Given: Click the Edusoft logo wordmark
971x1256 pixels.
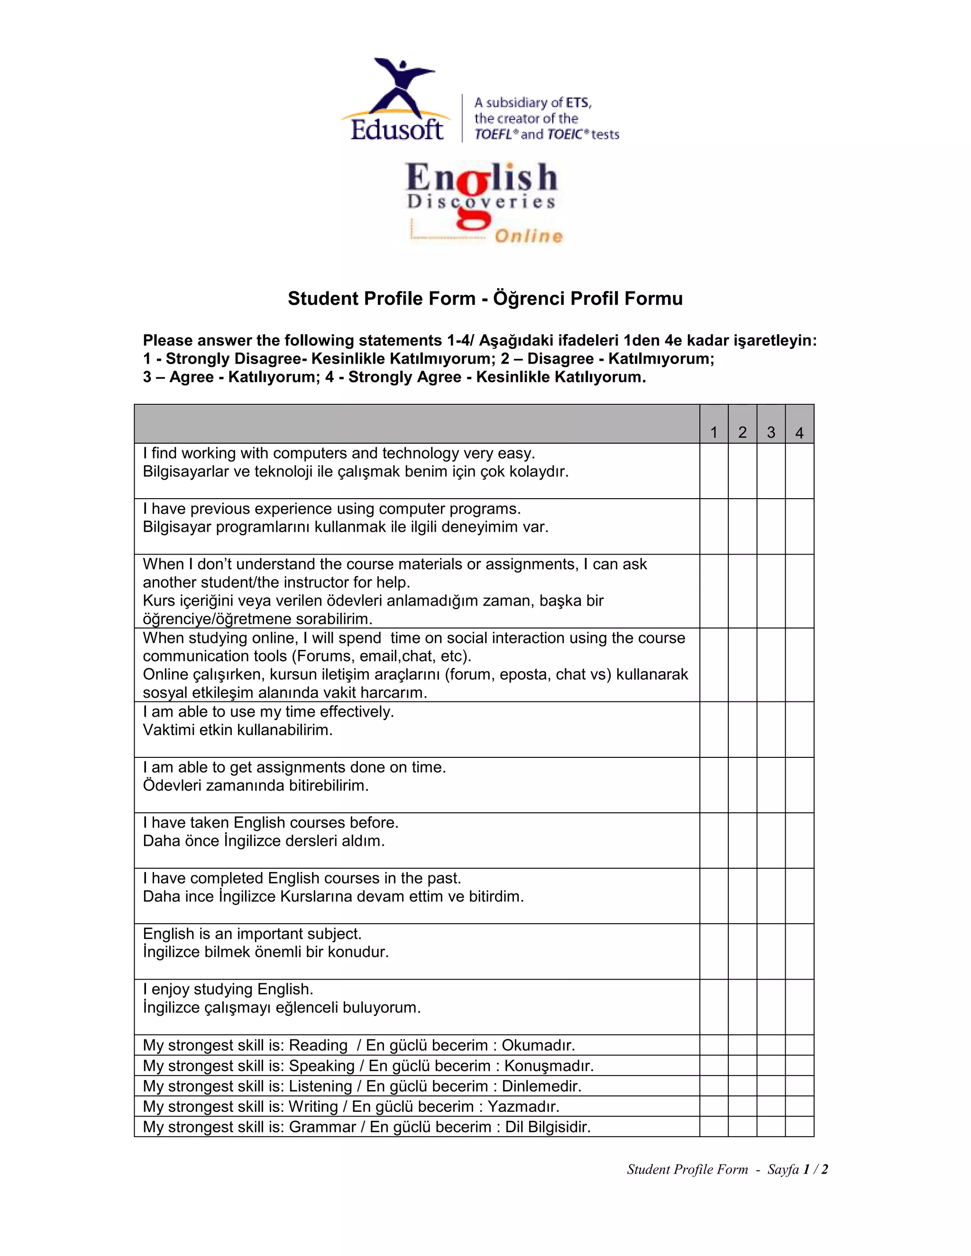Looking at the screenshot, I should tap(397, 129).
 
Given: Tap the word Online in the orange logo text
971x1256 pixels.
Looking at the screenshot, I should tap(528, 236).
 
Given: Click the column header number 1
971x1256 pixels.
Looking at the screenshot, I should tap(713, 432).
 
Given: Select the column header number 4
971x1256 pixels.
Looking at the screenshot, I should tap(799, 432).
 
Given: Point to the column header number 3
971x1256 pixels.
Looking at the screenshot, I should tap(771, 432).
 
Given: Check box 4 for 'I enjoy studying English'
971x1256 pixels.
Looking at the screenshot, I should tap(799, 1006).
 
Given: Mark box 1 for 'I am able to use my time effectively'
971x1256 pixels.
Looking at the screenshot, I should tap(713, 729).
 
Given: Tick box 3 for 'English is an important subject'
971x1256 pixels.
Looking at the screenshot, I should tap(771, 951).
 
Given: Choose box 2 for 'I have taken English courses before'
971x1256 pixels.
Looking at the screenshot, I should tap(742, 840).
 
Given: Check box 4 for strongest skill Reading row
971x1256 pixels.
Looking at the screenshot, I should tap(799, 1045).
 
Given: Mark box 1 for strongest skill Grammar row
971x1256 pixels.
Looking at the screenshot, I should tap(713, 1127).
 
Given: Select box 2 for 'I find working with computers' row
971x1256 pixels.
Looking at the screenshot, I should tap(742, 471).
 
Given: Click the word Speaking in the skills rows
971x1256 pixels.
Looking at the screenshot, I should tap(321, 1065).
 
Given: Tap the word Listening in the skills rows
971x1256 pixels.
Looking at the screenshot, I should tap(320, 1086).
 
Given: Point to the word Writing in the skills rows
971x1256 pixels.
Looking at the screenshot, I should tap(313, 1107).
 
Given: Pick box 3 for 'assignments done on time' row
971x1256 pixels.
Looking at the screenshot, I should tap(771, 785).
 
